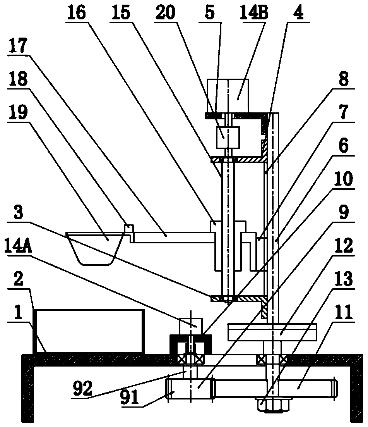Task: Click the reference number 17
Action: pos(18,46)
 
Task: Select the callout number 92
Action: pos(83,388)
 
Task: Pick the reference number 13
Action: pos(344,279)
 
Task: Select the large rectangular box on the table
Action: pos(89,331)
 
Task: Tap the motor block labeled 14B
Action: pos(228,96)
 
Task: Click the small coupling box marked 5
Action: pos(228,138)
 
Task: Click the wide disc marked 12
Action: pos(272,332)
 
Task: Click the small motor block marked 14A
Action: pos(190,326)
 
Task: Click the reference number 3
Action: pos(18,213)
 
